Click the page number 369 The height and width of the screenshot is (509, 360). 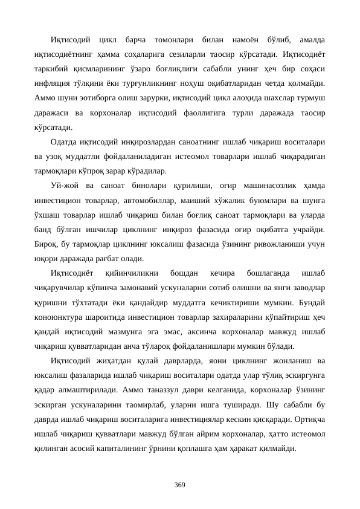click(x=179, y=485)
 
